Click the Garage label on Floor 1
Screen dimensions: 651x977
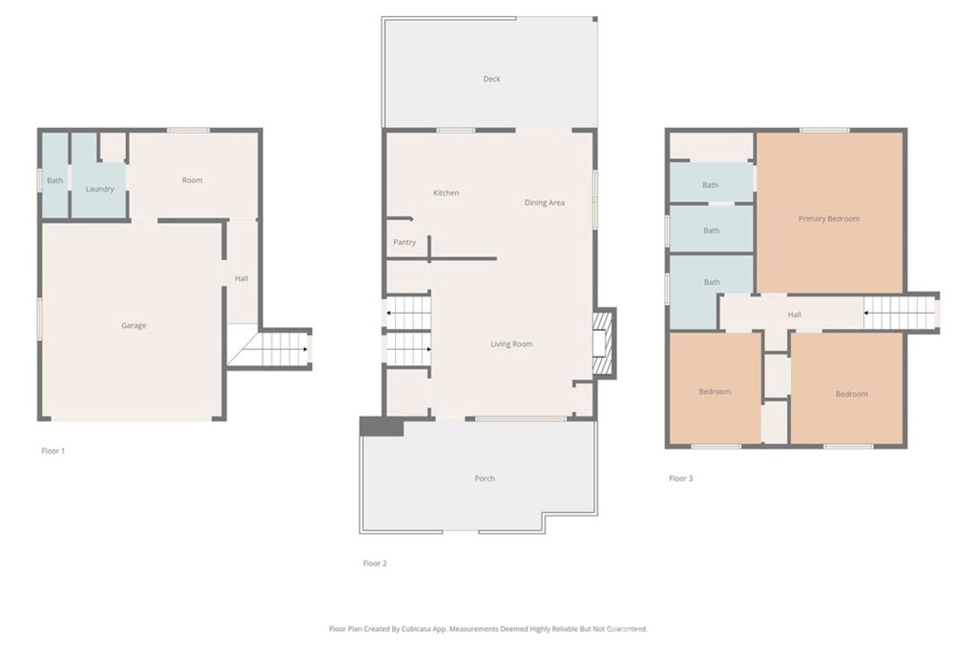pyautogui.click(x=134, y=326)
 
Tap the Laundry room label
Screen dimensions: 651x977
pyautogui.click(x=99, y=189)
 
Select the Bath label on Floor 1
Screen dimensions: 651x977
pyautogui.click(x=55, y=181)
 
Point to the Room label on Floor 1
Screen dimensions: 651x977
pyautogui.click(x=193, y=180)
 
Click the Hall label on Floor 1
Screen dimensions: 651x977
pyautogui.click(x=241, y=278)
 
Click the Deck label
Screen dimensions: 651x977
pyautogui.click(x=491, y=79)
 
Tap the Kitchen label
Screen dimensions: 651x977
pyautogui.click(x=446, y=193)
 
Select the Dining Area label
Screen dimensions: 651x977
pyautogui.click(x=544, y=203)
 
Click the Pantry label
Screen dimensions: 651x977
pyautogui.click(x=405, y=242)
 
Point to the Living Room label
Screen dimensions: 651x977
pyautogui.click(x=511, y=344)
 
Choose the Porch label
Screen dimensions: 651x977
pyautogui.click(x=485, y=478)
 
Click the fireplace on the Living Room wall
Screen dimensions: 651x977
pyautogui.click(x=601, y=343)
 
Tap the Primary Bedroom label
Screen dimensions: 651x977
pyautogui.click(x=829, y=219)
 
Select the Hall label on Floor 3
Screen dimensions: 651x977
pyautogui.click(x=794, y=315)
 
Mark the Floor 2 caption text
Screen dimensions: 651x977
pyautogui.click(x=375, y=563)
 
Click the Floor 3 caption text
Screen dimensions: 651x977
pyautogui.click(x=680, y=478)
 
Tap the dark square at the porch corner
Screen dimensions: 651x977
pyautogui.click(x=381, y=426)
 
